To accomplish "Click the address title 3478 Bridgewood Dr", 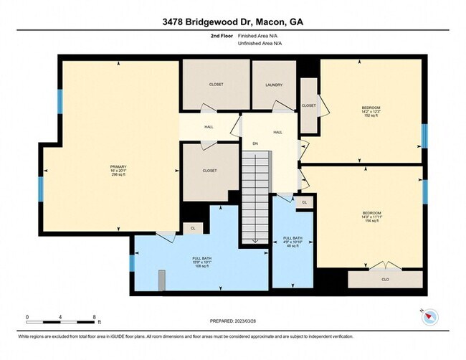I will click(232, 22).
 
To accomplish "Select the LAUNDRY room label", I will click(274, 85).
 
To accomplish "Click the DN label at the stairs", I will click(255, 143).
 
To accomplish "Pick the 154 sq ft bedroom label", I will click(371, 217).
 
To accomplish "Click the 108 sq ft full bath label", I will click(201, 262).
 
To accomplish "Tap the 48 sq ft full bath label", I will click(292, 241).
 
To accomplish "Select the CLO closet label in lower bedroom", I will click(385, 279).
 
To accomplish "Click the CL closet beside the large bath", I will click(192, 228).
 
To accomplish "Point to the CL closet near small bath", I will click(304, 202).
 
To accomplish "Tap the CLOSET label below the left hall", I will click(210, 171).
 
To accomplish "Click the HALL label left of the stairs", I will click(209, 127).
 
